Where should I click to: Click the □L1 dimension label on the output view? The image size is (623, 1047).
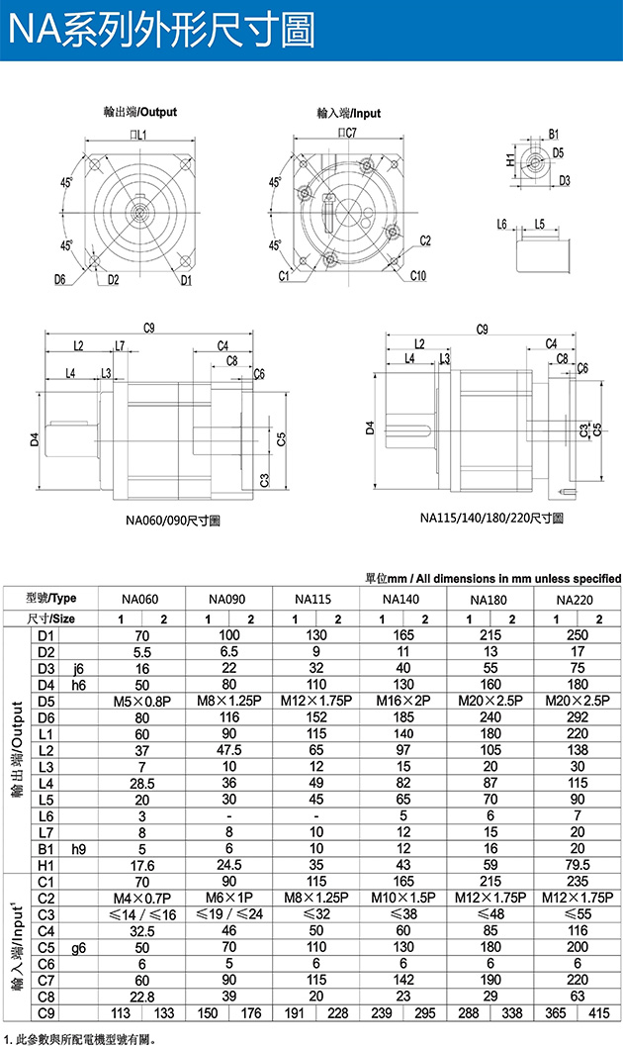137,134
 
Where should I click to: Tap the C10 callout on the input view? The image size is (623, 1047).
417,275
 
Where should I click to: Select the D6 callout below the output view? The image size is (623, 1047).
61,280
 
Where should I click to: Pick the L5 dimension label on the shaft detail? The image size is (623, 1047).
539,225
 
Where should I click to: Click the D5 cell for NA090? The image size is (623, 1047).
229,701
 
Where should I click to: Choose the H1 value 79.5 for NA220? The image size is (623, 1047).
575,863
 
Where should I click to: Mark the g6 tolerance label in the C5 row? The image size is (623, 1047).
78,947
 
